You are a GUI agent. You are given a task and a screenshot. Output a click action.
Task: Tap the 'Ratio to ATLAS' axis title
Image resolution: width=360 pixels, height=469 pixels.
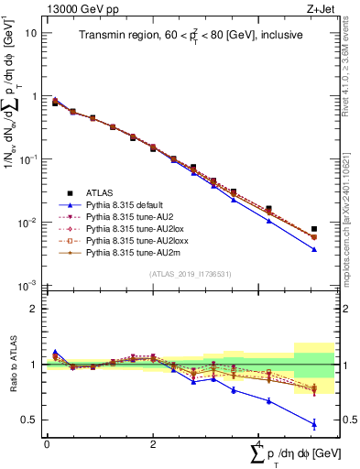pos(12,365)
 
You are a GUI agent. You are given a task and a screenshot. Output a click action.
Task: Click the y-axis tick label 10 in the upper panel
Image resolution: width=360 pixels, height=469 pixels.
pos(31,32)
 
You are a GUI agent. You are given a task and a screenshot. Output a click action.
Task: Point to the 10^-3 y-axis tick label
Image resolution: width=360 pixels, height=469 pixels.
pos(28,287)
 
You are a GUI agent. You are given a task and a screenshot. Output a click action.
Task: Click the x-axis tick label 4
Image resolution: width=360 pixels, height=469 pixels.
pos(260,444)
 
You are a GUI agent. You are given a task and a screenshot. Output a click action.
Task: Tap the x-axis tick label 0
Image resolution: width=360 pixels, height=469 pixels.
pos(47,444)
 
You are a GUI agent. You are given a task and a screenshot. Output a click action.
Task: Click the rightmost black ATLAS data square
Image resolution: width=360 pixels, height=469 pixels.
pos(314,229)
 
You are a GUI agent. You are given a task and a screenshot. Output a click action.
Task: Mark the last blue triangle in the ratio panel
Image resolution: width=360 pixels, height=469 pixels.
pos(314,424)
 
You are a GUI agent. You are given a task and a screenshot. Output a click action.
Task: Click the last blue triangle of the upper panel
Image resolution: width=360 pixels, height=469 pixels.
pos(314,249)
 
